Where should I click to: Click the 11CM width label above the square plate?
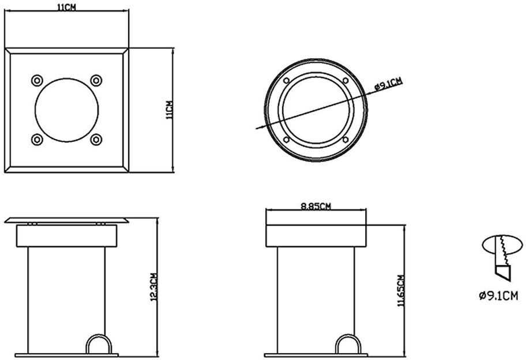pyautogui.click(x=66, y=7)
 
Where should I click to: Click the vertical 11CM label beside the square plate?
pyautogui.click(x=170, y=110)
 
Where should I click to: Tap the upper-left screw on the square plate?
pyautogui.click(x=37, y=81)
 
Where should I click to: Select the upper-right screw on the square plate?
pyautogui.click(x=96, y=81)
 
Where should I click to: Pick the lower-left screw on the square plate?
pyautogui.click(x=37, y=140)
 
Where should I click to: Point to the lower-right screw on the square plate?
pyautogui.click(x=96, y=140)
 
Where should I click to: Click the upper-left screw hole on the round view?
pyautogui.click(x=286, y=81)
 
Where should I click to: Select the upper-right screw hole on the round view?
pyautogui.click(x=345, y=81)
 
